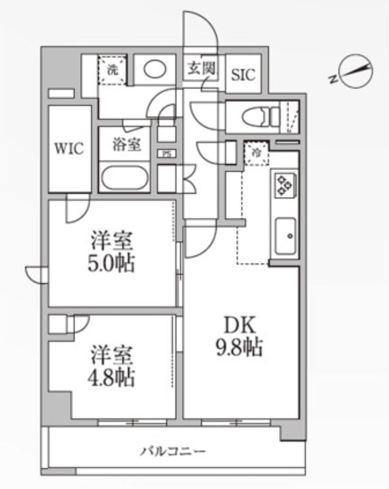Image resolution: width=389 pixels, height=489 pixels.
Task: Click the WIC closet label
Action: [x=69, y=148]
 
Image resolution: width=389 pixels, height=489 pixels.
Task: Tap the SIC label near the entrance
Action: [x=243, y=74]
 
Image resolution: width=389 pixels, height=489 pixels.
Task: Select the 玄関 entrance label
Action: [x=201, y=68]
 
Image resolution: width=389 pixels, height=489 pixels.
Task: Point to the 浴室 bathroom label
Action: [x=126, y=145]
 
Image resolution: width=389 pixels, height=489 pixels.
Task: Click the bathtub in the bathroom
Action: [x=125, y=178]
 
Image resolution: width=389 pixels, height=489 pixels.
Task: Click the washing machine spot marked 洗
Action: [x=113, y=71]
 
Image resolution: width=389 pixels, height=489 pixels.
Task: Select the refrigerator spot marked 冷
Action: [x=256, y=153]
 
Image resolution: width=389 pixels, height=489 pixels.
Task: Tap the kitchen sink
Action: [x=285, y=236]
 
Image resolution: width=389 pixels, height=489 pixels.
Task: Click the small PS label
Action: [x=167, y=154]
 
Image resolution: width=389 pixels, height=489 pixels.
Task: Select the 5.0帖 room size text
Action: [x=111, y=264]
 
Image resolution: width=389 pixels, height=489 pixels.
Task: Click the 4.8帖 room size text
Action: [x=111, y=378]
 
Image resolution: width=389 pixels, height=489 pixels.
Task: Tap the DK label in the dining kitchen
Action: [x=240, y=325]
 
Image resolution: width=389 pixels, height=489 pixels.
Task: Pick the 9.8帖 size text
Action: [x=239, y=347]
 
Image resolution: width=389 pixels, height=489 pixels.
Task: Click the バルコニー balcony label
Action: [x=173, y=451]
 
